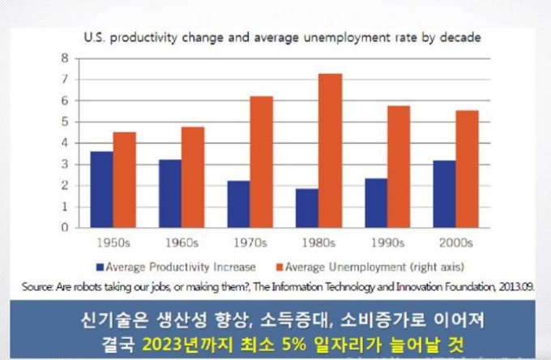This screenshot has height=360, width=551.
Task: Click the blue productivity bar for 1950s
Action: [x=101, y=189]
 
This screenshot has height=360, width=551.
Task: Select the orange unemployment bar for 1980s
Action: [x=330, y=150]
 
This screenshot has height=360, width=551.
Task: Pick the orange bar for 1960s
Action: [x=192, y=177]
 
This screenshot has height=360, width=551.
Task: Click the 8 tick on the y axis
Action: [x=62, y=58]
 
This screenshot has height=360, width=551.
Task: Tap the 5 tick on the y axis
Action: [x=62, y=122]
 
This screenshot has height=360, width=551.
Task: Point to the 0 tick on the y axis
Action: [x=62, y=228]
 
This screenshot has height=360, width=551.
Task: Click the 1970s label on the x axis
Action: [x=246, y=242]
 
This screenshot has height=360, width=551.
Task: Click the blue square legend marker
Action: [x=100, y=267]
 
